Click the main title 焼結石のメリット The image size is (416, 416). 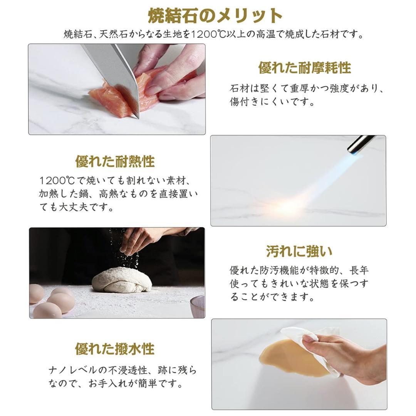pos(215,15)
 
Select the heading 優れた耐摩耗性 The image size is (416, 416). pos(304,68)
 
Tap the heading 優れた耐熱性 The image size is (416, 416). pos(115,161)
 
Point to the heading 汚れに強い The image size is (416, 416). pos(299,252)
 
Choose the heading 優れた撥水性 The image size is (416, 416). pos(114,349)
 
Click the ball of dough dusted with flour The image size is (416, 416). pos(121,280)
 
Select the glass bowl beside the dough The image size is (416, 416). pos(198,306)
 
